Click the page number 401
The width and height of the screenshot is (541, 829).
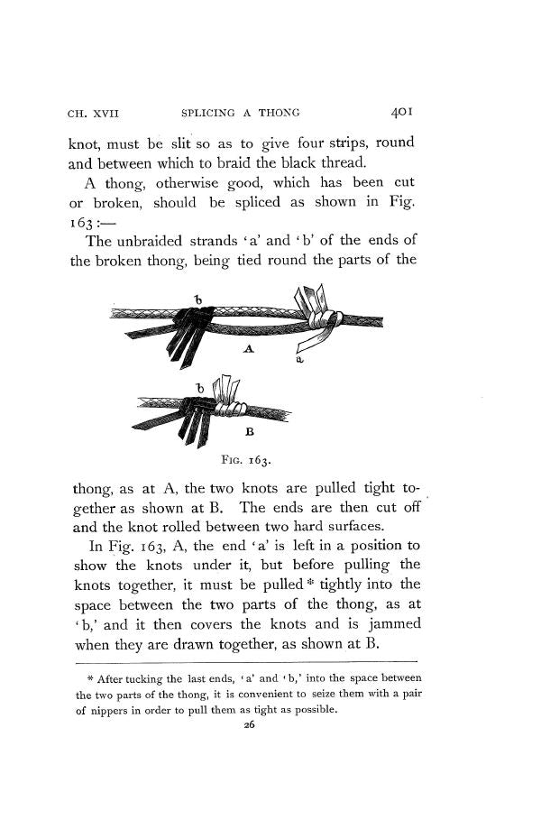click(x=397, y=114)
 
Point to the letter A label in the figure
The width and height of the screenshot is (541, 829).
click(x=249, y=348)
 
